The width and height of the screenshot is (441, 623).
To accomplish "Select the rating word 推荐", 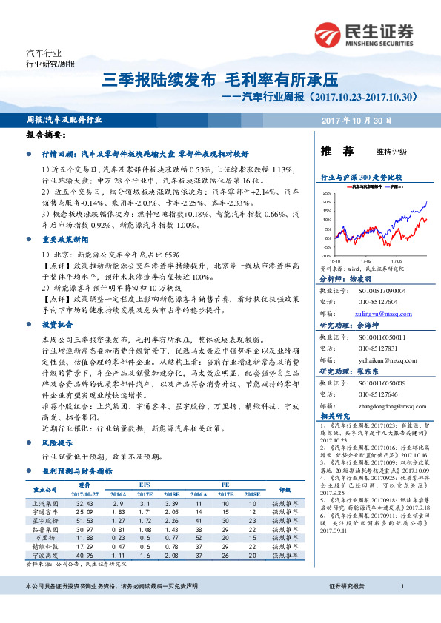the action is [336, 152].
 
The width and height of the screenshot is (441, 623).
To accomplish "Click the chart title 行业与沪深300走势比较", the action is [360, 178].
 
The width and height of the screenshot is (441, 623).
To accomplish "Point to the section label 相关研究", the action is [334, 417].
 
